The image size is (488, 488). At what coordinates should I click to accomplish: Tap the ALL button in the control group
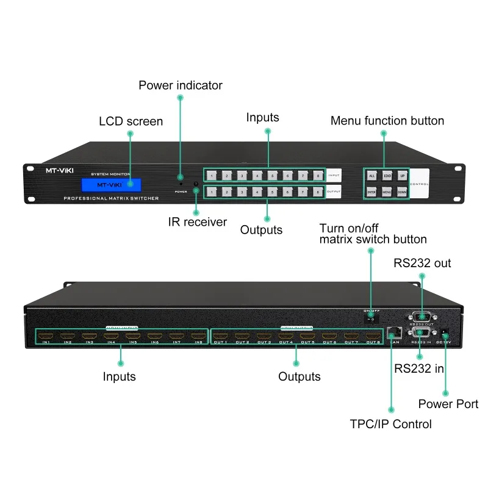click(371, 176)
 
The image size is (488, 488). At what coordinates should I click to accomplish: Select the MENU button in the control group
click(386, 192)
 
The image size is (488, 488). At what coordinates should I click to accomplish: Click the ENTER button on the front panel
click(371, 192)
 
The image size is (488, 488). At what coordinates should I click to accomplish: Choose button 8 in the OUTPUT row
click(318, 192)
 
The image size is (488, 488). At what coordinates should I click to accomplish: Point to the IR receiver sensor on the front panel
click(195, 184)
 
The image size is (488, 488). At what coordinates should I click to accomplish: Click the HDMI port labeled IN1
click(45, 335)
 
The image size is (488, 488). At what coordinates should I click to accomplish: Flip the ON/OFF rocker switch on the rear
click(370, 318)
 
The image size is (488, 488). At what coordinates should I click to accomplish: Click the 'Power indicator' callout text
click(181, 85)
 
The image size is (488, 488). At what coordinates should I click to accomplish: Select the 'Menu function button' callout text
click(387, 121)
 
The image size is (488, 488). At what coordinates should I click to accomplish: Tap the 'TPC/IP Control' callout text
click(391, 424)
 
